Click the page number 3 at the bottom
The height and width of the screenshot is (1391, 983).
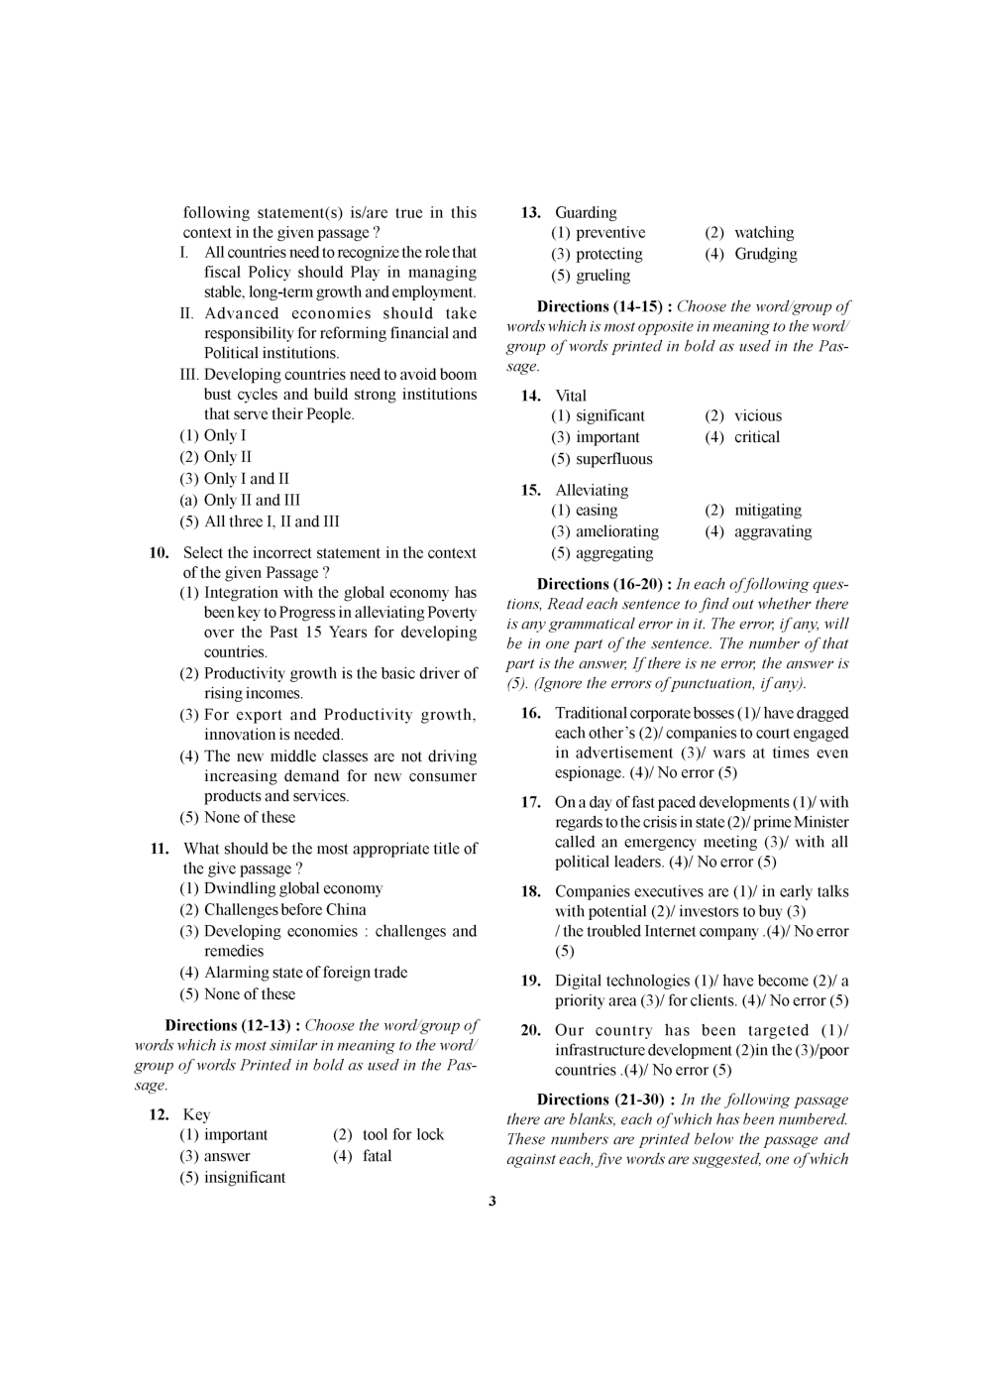click(492, 1202)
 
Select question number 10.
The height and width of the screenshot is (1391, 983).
click(160, 553)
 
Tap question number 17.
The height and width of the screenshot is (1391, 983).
click(530, 802)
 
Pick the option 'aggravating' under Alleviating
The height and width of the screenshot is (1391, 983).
click(772, 531)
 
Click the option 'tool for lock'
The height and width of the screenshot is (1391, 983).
click(402, 1134)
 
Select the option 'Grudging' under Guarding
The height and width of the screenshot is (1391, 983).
click(765, 254)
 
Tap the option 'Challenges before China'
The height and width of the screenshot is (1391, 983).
click(284, 909)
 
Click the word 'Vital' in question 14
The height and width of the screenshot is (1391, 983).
click(571, 396)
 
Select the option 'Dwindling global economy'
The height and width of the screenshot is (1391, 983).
click(292, 888)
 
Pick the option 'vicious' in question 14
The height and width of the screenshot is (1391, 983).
click(757, 415)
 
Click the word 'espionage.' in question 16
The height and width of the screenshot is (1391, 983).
click(590, 772)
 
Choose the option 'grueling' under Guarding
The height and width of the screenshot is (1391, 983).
click(602, 276)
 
